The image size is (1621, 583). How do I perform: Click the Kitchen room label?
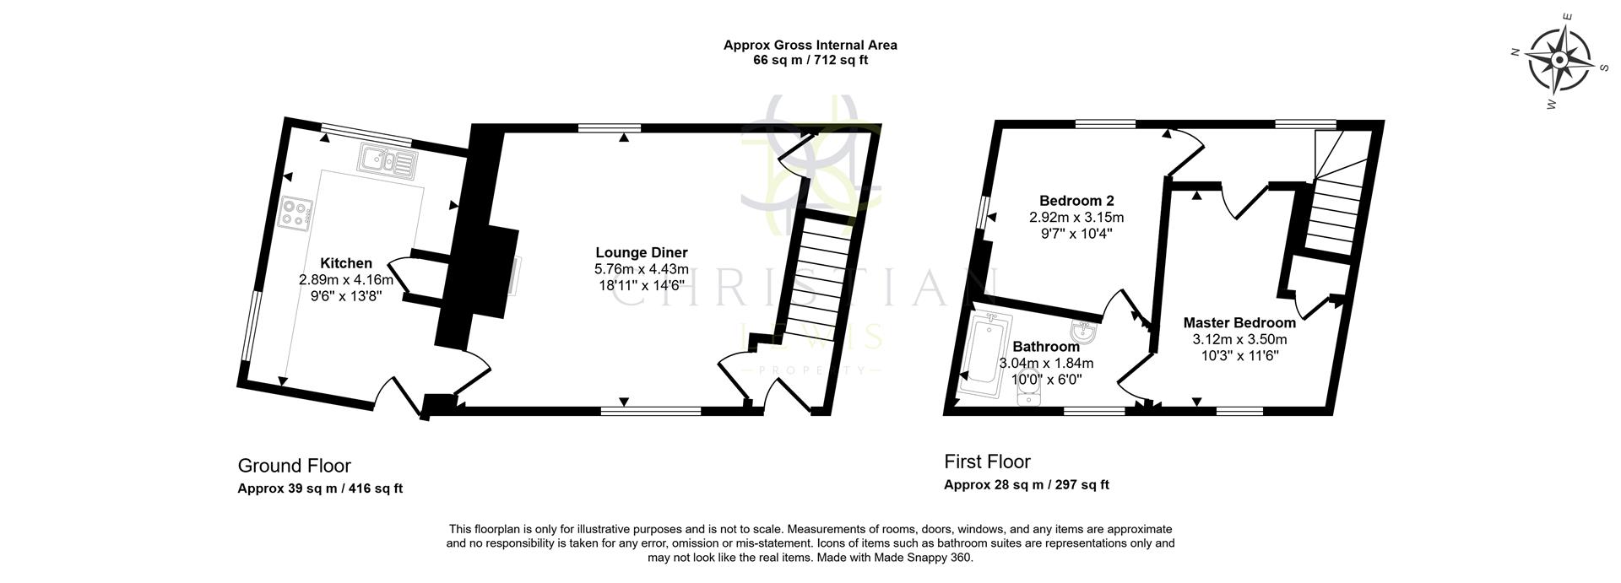tap(346, 264)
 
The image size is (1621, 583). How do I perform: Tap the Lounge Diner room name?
tap(642, 252)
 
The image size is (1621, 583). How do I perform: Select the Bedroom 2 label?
tap(1076, 201)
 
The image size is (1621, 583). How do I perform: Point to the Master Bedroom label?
tap(1239, 323)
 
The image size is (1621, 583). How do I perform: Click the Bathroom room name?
tap(1046, 347)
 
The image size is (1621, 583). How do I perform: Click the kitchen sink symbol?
tap(387, 160)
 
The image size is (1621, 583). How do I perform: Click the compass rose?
tap(1559, 61)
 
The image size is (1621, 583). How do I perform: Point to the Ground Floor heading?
tap(294, 466)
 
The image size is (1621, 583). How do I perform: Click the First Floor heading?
tap(987, 462)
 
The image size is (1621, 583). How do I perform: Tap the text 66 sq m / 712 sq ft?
tap(810, 60)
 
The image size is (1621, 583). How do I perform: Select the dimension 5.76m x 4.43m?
tap(642, 269)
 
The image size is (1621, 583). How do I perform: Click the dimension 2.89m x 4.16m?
tap(346, 279)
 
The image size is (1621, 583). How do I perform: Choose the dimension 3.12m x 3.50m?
tap(1239, 339)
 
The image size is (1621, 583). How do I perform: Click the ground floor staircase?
tap(820, 270)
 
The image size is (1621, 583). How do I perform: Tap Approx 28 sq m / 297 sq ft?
tap(1026, 484)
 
